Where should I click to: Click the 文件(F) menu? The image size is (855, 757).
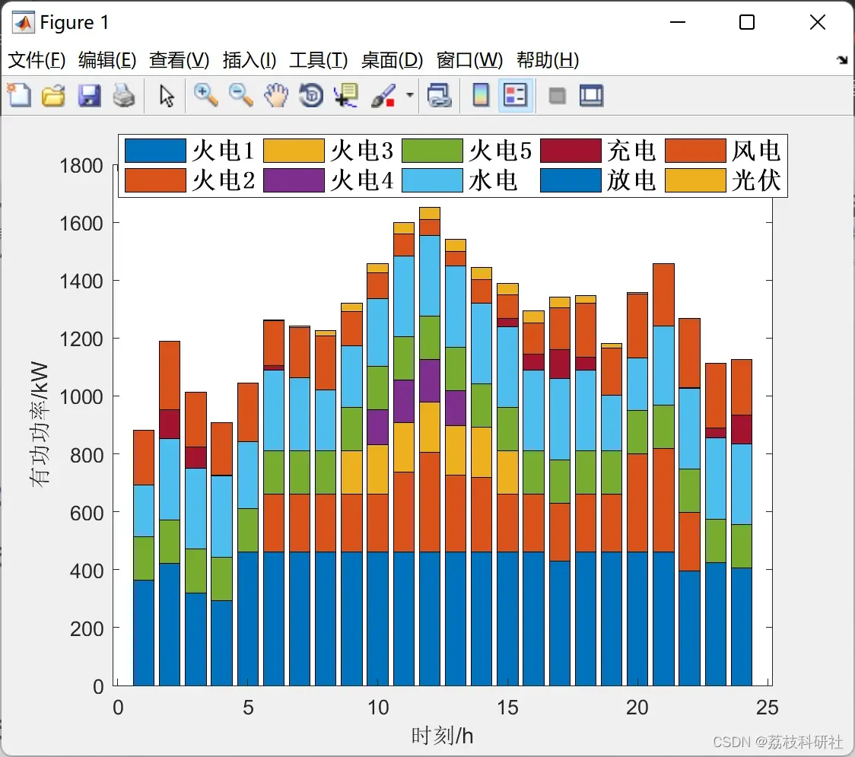(37, 60)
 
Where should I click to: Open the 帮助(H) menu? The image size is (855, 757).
(548, 60)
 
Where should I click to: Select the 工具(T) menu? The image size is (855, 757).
(319, 60)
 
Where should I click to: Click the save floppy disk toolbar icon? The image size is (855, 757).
(89, 95)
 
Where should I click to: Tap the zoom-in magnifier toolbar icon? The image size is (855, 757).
(205, 95)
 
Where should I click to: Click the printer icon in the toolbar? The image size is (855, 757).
(124, 95)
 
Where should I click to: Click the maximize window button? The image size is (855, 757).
(746, 22)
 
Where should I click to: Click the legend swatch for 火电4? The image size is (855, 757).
(294, 180)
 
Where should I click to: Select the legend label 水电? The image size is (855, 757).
(493, 180)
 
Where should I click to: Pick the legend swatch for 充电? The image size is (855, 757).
(571, 151)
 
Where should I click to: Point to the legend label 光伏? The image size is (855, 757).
(756, 180)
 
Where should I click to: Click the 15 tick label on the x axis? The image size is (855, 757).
(507, 708)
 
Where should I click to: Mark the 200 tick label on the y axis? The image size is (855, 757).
(87, 628)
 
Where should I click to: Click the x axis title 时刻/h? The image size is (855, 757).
(442, 736)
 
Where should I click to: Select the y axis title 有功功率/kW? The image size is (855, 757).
(40, 424)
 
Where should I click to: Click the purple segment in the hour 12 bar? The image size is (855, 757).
(430, 380)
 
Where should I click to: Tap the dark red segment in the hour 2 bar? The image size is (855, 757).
(170, 424)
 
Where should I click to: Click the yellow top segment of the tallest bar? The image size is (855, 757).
(430, 213)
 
